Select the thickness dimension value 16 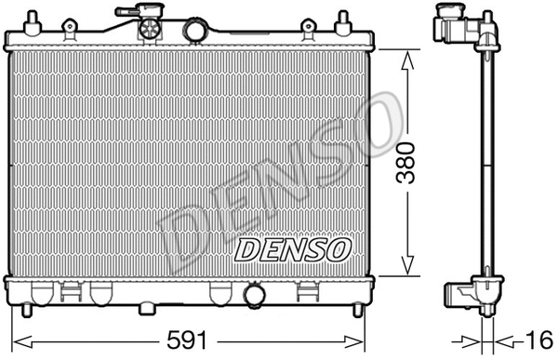tap(536, 340)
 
